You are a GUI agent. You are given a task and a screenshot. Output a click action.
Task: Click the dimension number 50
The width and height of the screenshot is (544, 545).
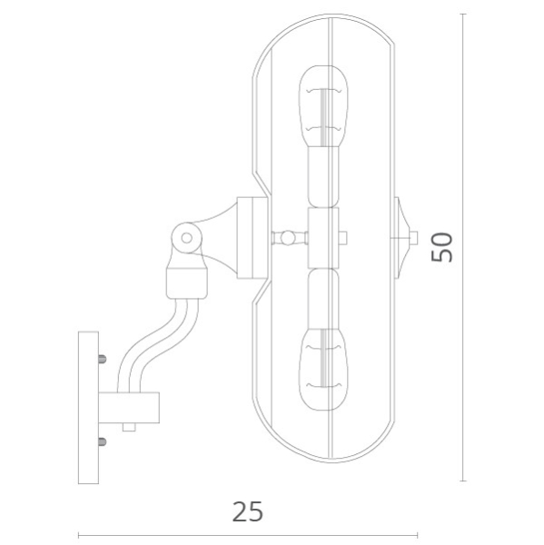click(442, 246)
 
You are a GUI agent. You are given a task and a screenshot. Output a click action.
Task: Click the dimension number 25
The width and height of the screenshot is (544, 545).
click(247, 511)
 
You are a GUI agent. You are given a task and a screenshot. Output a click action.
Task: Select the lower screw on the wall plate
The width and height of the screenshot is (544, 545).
click(101, 442)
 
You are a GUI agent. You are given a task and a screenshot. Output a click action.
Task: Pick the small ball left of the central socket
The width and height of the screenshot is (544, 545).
click(288, 238)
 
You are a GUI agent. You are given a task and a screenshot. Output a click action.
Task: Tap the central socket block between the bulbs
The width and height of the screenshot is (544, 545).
click(323, 238)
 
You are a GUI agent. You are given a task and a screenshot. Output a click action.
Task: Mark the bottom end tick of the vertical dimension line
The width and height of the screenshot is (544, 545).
click(464, 481)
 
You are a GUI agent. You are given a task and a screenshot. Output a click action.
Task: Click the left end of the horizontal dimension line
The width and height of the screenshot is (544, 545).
click(79, 534)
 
